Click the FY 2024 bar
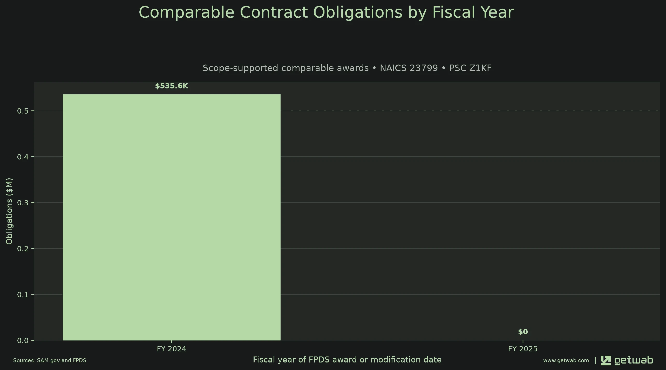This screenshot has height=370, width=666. coord(172,217)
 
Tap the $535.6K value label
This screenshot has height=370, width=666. coord(172,86)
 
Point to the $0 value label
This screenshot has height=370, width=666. coord(523,332)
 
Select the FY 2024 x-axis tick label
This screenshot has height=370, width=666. coord(172,349)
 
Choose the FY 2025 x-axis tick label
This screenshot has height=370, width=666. coord(523,349)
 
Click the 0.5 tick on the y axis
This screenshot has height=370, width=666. coord(22,111)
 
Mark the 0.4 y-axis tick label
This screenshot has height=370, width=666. coord(22,157)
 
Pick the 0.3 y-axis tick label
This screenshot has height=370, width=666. coord(22,203)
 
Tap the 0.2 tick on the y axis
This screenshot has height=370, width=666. coord(22,249)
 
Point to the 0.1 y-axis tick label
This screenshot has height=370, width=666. coord(22,295)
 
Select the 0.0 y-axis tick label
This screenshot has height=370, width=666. coord(22,340)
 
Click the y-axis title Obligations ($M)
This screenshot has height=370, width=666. coord(9,211)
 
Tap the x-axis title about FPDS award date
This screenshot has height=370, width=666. coord(347,360)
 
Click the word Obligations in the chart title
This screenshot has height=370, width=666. coord(358,12)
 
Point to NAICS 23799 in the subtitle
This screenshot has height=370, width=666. coord(409,68)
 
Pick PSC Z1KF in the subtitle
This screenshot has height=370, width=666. coord(470,68)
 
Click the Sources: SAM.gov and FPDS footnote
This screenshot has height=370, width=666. coord(50,360)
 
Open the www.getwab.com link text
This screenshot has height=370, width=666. coord(566,360)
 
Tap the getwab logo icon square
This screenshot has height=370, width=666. coord(606,360)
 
